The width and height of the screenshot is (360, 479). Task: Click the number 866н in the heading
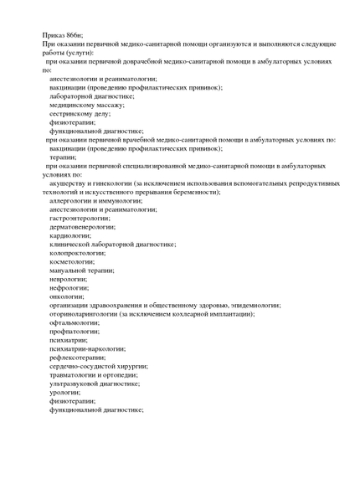point(74,33)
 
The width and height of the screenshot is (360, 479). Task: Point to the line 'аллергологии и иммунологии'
point(95,201)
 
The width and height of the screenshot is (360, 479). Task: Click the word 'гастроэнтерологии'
point(81,218)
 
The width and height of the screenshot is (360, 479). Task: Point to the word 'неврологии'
point(69,279)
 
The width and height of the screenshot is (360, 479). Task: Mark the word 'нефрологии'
point(69,287)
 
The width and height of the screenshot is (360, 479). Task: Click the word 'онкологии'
point(67,296)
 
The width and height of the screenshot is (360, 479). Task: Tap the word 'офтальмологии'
point(74,322)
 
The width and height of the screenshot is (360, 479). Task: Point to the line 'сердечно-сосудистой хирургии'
point(98,366)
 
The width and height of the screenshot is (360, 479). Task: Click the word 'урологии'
point(65,392)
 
